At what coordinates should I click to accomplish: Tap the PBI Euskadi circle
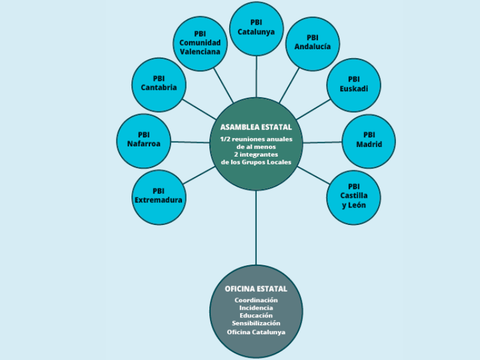point(354,85)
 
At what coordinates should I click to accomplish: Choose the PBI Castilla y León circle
point(354,197)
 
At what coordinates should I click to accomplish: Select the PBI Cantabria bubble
point(158,84)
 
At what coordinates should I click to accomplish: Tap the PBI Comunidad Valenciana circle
point(200,43)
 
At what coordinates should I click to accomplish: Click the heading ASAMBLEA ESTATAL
point(256,127)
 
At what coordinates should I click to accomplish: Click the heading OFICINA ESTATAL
point(256,289)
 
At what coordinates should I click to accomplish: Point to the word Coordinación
point(256,299)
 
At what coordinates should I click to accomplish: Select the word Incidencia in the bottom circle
point(256,307)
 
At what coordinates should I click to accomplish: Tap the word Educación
point(256,315)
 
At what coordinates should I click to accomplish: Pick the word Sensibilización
point(256,323)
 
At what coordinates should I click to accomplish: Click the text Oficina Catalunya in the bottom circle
point(256,332)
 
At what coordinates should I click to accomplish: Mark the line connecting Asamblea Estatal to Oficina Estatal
point(256,228)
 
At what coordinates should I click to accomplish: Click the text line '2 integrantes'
point(256,154)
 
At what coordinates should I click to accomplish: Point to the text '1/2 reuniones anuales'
point(256,139)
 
